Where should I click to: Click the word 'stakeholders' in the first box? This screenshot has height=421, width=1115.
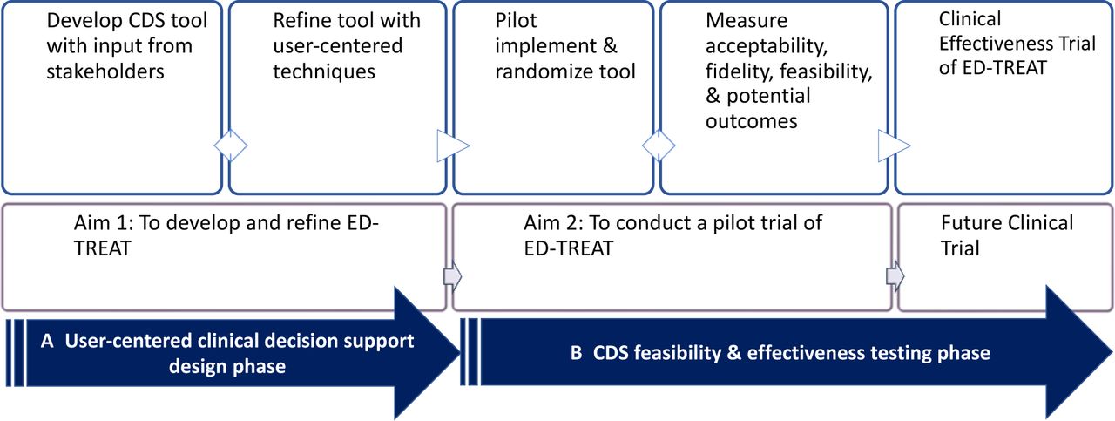pyautogui.click(x=105, y=71)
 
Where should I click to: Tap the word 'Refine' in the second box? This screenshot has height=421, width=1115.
pyautogui.click(x=301, y=20)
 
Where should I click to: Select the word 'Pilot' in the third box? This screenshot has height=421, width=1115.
pyautogui.click(x=517, y=20)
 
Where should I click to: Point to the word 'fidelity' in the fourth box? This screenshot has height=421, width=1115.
pyautogui.click(x=740, y=71)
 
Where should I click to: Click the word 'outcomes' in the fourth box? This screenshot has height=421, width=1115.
pyautogui.click(x=752, y=121)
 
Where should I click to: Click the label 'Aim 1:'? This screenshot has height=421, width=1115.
pyautogui.click(x=104, y=223)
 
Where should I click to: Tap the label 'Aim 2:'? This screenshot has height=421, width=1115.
pyautogui.click(x=553, y=223)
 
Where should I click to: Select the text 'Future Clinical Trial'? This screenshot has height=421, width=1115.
pyautogui.click(x=1006, y=235)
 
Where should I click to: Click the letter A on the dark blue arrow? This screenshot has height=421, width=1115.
pyautogui.click(x=47, y=341)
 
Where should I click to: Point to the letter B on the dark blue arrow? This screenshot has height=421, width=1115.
pyautogui.click(x=577, y=353)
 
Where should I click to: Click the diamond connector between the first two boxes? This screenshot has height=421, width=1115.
pyautogui.click(x=231, y=146)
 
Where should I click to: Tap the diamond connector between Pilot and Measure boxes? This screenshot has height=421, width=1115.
pyautogui.click(x=659, y=146)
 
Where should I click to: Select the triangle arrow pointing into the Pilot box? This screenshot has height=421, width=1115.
pyautogui.click(x=452, y=146)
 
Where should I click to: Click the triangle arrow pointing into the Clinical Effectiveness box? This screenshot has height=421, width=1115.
pyautogui.click(x=894, y=146)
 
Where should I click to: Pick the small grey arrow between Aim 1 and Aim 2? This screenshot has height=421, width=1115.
pyautogui.click(x=452, y=276)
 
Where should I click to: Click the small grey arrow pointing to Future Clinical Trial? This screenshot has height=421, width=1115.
pyautogui.click(x=895, y=276)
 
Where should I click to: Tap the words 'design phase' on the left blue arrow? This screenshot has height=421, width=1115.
pyautogui.click(x=227, y=367)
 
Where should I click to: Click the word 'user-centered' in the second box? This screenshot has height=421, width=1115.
pyautogui.click(x=338, y=46)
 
